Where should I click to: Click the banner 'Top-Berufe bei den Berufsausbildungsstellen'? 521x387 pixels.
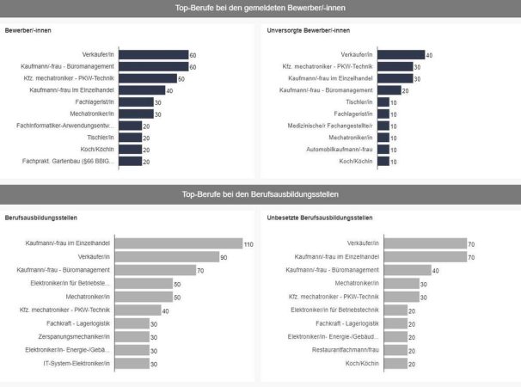click(260, 193)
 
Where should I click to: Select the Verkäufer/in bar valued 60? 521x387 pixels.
click(152, 54)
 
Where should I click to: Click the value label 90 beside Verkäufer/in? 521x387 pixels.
click(224, 257)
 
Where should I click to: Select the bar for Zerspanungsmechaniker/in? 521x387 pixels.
click(131, 337)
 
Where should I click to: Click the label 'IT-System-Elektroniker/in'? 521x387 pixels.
click(77, 364)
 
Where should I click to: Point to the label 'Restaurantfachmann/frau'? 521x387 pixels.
click(347, 350)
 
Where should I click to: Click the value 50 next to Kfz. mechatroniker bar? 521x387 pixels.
click(181, 78)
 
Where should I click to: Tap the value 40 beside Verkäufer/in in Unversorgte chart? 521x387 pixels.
click(429, 55)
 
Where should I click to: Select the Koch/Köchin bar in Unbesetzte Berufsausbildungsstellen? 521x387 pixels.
click(394, 364)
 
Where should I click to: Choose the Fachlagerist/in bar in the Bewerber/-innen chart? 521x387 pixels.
click(134, 101)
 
